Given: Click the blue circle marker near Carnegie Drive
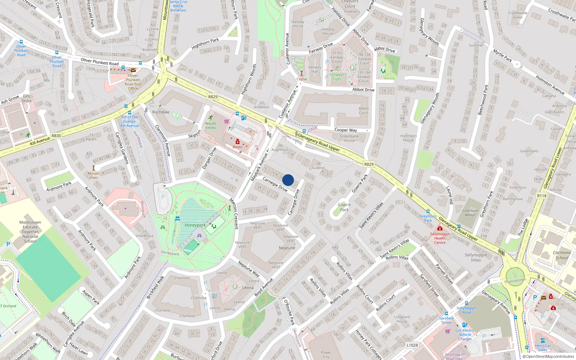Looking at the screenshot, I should point(288,180).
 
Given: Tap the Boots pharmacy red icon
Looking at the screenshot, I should point(238,142).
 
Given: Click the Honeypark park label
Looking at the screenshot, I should point(195,225).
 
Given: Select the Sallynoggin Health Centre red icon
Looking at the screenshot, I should point(440,229).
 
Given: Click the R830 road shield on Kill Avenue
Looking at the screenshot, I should point(56,136).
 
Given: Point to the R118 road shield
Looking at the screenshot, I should point(541,196).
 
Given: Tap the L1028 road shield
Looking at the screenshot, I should point(412,345).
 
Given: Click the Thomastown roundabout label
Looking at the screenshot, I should point(515,280).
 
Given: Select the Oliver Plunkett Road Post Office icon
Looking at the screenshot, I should point(133,70).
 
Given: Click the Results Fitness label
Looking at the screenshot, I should point(211,126).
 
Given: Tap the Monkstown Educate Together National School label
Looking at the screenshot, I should point(30,232).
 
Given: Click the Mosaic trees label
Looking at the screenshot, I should point(94,175).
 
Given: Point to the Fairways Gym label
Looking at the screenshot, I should point(337,77).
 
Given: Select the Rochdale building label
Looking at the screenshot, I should point(161,112).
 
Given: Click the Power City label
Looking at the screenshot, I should point(326,355).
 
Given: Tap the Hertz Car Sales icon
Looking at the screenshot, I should point(543,340).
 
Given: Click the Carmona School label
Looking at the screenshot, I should point(562,255).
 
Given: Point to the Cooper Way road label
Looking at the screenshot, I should point(346,130).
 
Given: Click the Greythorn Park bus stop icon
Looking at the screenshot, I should point(428,211).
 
